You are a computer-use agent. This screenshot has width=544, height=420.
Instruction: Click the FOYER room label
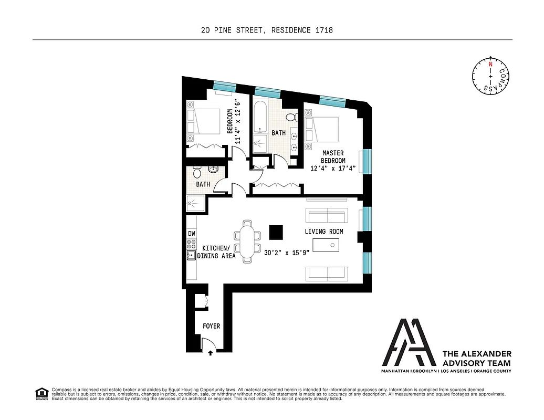pyautogui.click(x=211, y=326)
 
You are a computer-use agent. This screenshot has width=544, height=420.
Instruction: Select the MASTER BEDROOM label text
pyautogui.click(x=333, y=156)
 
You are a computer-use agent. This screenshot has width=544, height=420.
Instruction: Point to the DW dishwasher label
pyautogui.click(x=191, y=234)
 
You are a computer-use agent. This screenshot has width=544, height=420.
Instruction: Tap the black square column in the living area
pyautogui.click(x=275, y=232)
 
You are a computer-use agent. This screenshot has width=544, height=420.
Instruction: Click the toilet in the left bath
pyautogui.click(x=196, y=172)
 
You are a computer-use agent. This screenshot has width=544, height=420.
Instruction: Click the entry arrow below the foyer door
pyautogui.click(x=210, y=353)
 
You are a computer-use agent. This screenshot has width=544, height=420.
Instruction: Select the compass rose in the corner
pyautogui.click(x=490, y=76)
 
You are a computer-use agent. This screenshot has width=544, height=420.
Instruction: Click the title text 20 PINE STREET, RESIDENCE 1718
pyautogui.click(x=267, y=30)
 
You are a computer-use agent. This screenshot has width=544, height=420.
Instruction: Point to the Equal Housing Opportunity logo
pyautogui.click(x=41, y=393)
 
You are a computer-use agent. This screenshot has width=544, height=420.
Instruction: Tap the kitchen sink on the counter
pyautogui.click(x=191, y=256)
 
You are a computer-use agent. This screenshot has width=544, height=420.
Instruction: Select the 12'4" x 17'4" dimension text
pyautogui.click(x=332, y=169)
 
